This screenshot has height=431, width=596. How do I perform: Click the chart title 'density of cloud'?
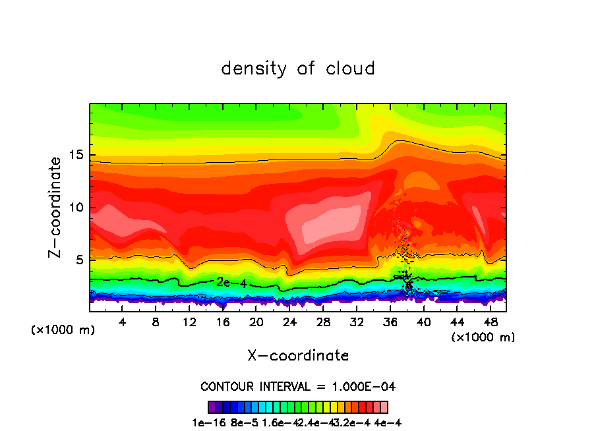[298, 69]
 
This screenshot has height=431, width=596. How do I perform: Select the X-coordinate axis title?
[298, 356]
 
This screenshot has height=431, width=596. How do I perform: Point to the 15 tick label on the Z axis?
[76, 155]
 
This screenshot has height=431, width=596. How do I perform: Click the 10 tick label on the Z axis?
[76, 208]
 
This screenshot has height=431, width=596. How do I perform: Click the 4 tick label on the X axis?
[123, 322]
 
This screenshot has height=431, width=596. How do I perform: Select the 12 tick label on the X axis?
[189, 322]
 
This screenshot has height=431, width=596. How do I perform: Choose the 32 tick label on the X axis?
[356, 322]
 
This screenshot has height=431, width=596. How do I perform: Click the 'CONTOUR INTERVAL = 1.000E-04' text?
[298, 386]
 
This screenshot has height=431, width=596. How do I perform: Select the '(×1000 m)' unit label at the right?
[483, 337]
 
